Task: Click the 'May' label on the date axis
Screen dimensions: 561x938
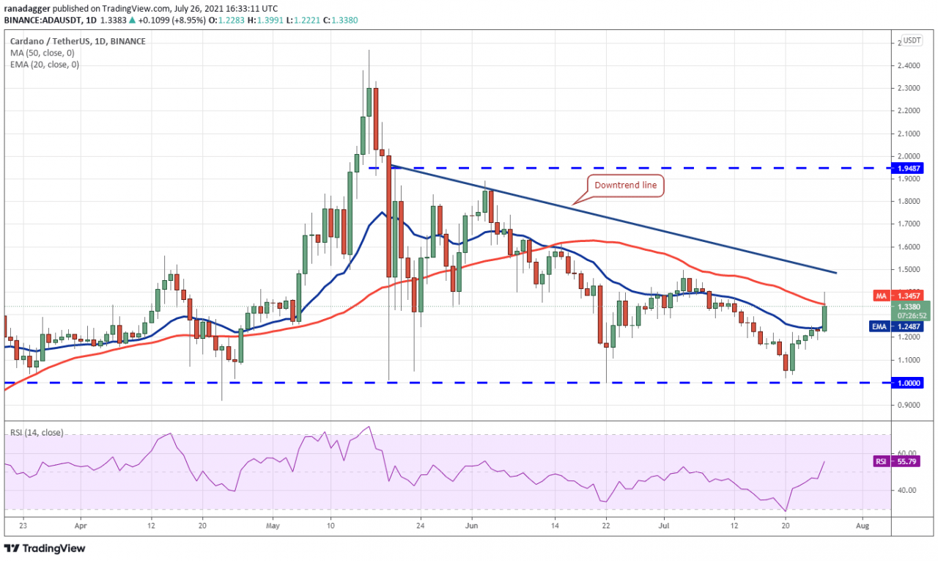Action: [273, 525]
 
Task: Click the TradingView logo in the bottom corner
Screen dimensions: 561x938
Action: [45, 548]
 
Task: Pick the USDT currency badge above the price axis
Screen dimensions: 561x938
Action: [912, 40]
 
